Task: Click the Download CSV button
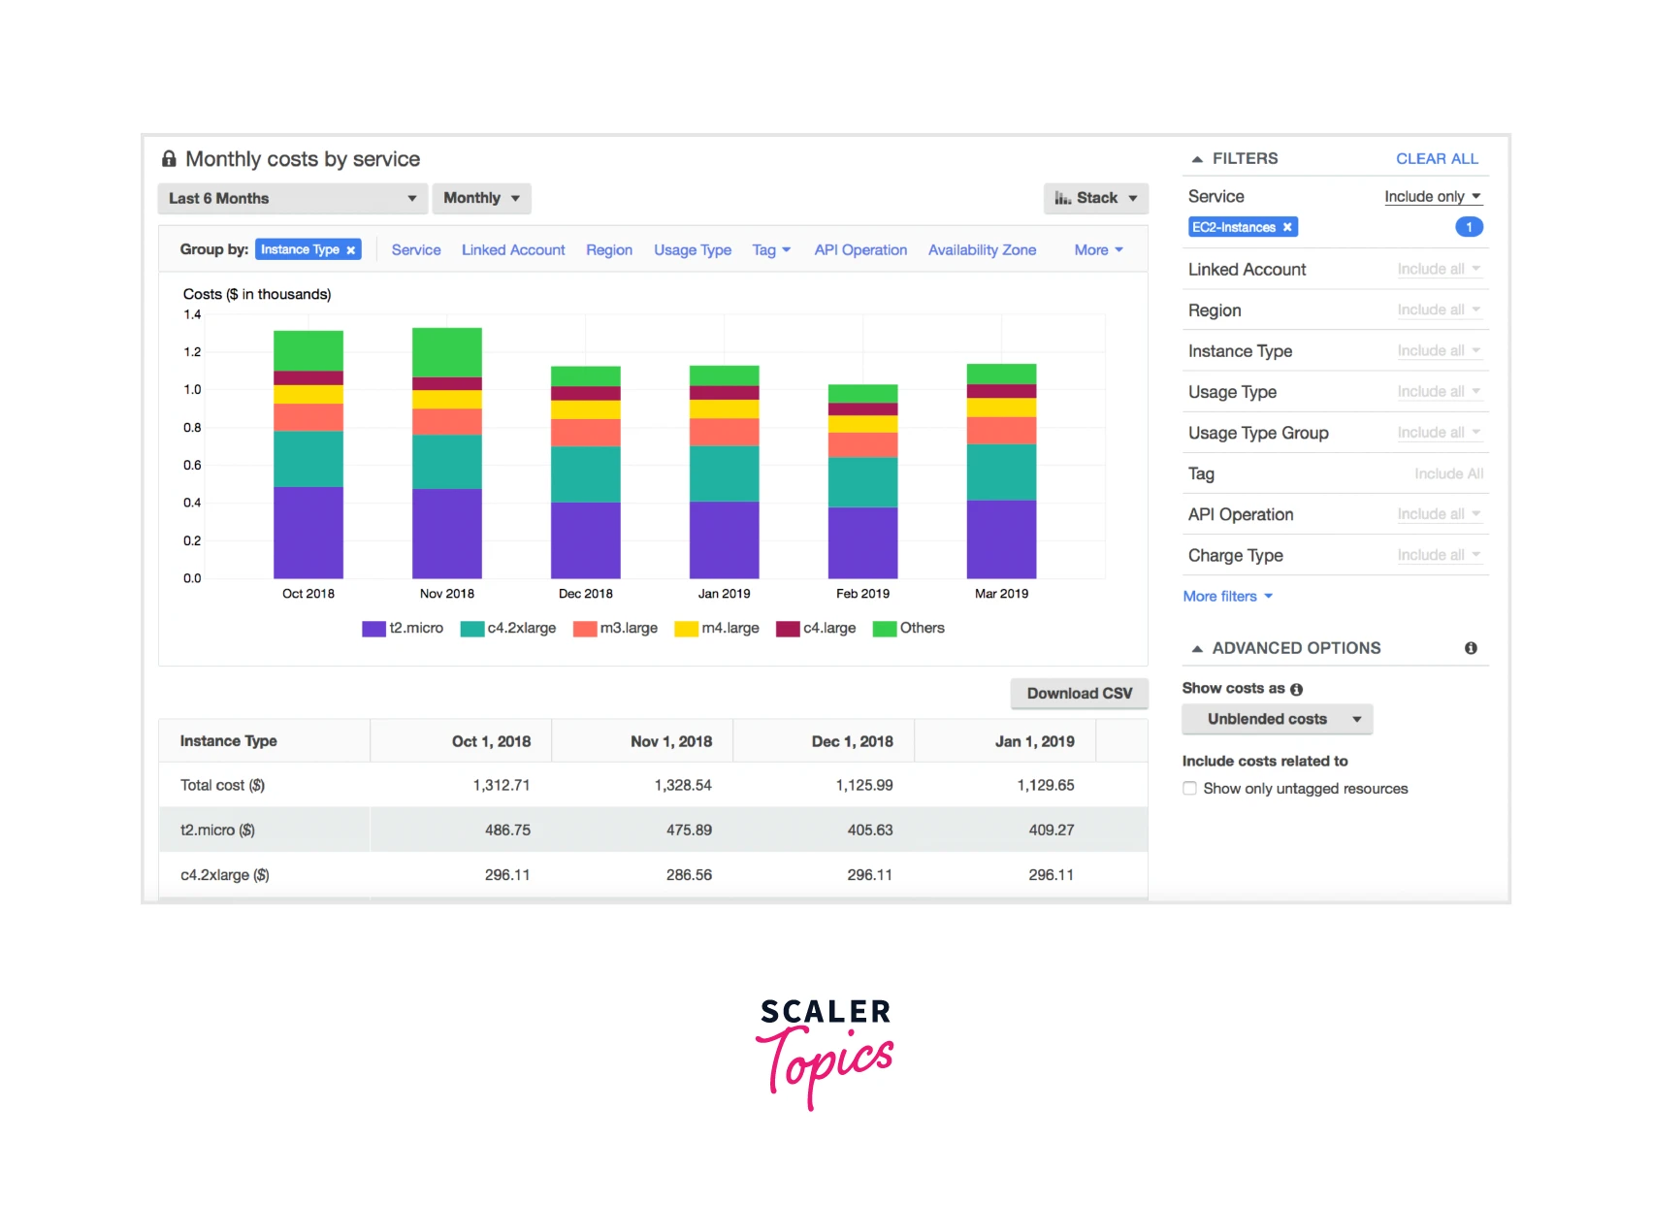[1079, 693]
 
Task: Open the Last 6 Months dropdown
[292, 198]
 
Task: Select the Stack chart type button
[1095, 198]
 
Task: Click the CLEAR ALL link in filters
[1436, 158]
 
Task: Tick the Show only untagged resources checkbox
[1189, 788]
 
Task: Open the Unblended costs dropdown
[1277, 719]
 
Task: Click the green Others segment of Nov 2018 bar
[446, 352]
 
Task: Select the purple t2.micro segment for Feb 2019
[862, 541]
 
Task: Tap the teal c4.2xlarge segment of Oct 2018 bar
[308, 458]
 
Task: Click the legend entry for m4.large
[718, 628]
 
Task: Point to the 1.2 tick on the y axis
[192, 351]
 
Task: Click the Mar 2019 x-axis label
[1001, 593]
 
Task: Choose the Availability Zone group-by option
[982, 249]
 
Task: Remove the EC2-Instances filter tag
[1287, 227]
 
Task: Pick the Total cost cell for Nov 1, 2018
[683, 785]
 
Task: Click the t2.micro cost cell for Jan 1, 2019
[1051, 830]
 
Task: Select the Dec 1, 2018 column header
[852, 741]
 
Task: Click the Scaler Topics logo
[826, 1052]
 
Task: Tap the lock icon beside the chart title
[169, 159]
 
